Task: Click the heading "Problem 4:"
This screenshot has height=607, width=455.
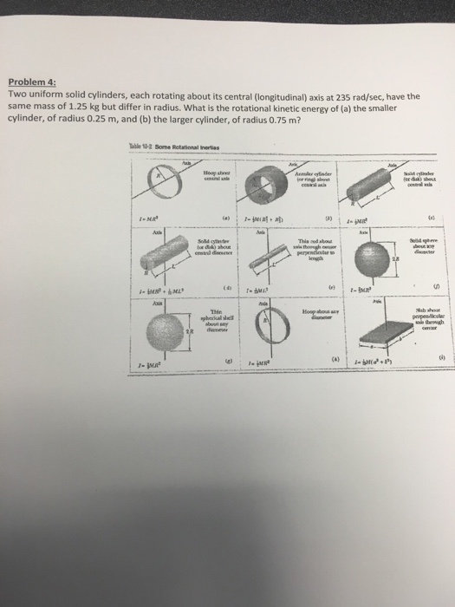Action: (31, 86)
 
